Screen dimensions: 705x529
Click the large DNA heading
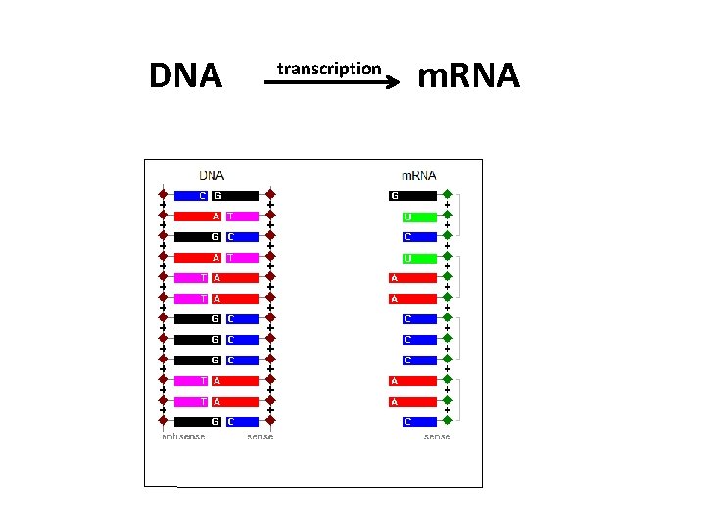click(x=185, y=75)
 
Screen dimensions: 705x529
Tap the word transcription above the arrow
click(x=328, y=69)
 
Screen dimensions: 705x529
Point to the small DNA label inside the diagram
click(x=211, y=176)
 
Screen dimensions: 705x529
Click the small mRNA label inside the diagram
click(x=420, y=176)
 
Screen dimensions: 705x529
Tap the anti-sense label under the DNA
click(x=183, y=436)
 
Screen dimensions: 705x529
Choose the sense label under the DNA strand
click(x=260, y=436)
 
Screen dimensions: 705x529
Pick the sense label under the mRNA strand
click(x=437, y=436)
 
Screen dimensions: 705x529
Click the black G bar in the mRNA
click(x=412, y=195)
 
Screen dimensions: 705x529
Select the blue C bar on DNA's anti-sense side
click(x=191, y=195)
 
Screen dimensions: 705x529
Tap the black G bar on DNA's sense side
click(x=236, y=195)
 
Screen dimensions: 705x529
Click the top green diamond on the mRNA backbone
click(x=446, y=195)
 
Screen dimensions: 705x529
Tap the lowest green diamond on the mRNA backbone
click(x=446, y=421)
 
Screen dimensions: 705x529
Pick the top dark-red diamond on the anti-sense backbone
click(x=164, y=195)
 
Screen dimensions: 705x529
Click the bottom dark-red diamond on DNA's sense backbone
click(x=270, y=421)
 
